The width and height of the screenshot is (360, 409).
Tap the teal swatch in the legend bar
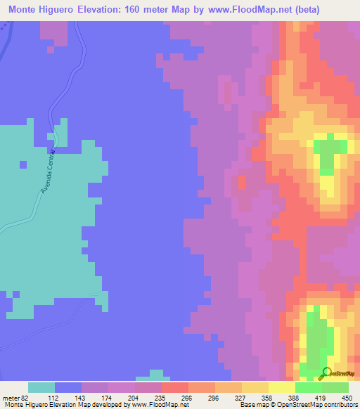pyautogui.click(x=41, y=387)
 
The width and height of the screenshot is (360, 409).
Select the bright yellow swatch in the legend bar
pyautogui.click(x=282, y=387)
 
